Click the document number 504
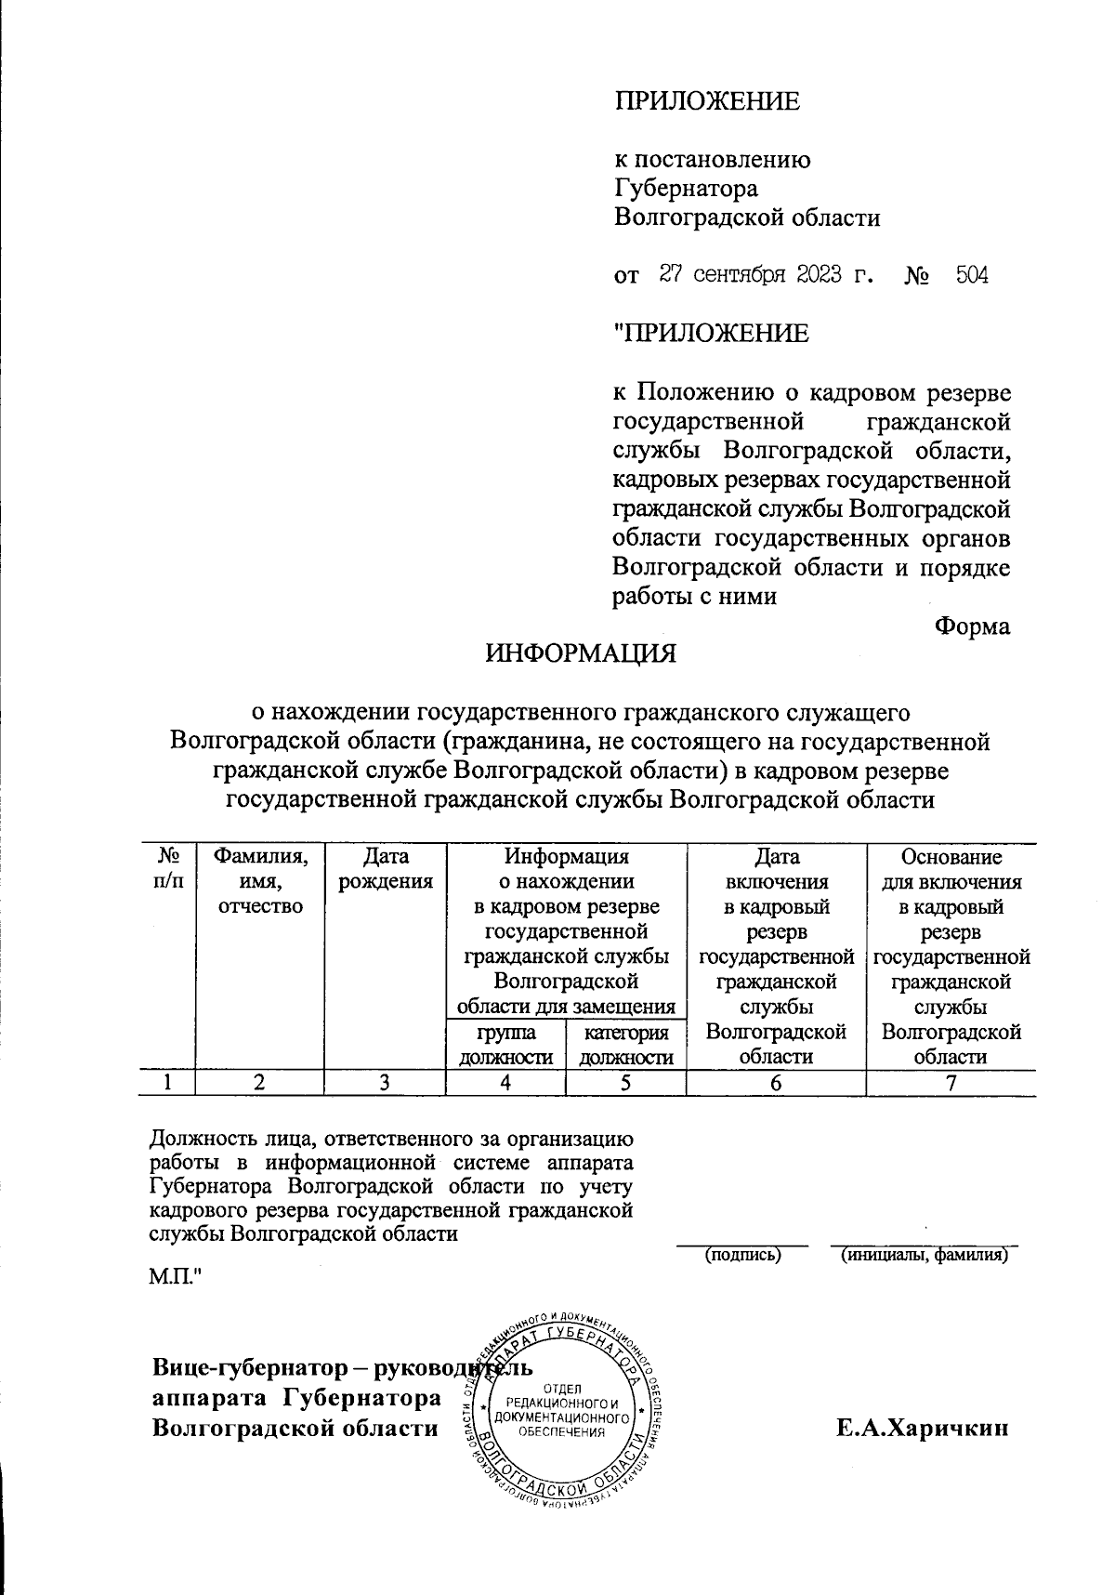972,275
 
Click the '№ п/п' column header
167,868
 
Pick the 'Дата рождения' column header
386,868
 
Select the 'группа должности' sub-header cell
506,1045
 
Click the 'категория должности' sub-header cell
626,1045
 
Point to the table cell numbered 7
951,1082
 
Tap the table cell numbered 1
167,1082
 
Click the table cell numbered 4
506,1082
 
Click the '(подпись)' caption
742,1256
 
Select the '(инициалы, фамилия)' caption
924,1256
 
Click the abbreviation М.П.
176,1278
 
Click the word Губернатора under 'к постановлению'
686,189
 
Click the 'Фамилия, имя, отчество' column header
260,880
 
